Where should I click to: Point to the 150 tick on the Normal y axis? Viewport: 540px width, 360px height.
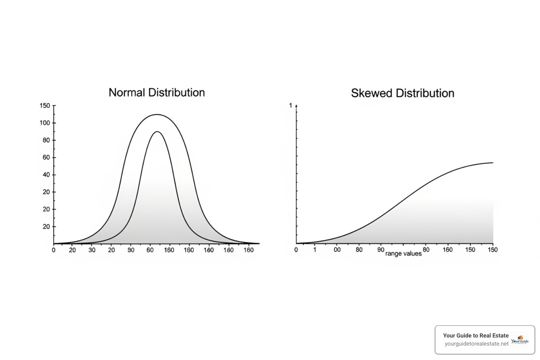(x=45, y=105)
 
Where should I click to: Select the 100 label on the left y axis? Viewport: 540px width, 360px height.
(x=45, y=123)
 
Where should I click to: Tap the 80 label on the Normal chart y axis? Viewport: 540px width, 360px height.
(x=46, y=140)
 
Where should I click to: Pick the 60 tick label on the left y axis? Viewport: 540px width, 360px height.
(x=46, y=157)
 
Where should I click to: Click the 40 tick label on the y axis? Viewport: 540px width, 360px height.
(x=46, y=175)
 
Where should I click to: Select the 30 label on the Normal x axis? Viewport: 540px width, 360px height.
(x=92, y=250)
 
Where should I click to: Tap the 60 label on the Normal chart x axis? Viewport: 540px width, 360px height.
(x=150, y=250)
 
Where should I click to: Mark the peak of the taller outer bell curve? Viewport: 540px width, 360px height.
(x=157, y=115)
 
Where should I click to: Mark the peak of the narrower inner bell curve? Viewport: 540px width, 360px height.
(x=157, y=132)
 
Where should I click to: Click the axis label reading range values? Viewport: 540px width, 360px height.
(x=403, y=253)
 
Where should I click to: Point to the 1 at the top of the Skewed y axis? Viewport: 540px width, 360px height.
(x=290, y=105)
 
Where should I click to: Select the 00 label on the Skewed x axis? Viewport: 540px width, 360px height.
(x=337, y=250)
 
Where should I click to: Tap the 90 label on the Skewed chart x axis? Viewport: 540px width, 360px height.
(x=381, y=250)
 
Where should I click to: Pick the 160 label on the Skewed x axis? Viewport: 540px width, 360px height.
(x=448, y=250)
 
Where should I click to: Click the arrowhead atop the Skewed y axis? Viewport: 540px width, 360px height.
(x=296, y=105)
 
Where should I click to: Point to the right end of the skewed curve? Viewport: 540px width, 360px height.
(x=493, y=163)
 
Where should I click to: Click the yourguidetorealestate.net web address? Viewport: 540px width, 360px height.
(x=476, y=343)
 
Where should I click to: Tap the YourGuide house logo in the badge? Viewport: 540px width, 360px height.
(x=520, y=340)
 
